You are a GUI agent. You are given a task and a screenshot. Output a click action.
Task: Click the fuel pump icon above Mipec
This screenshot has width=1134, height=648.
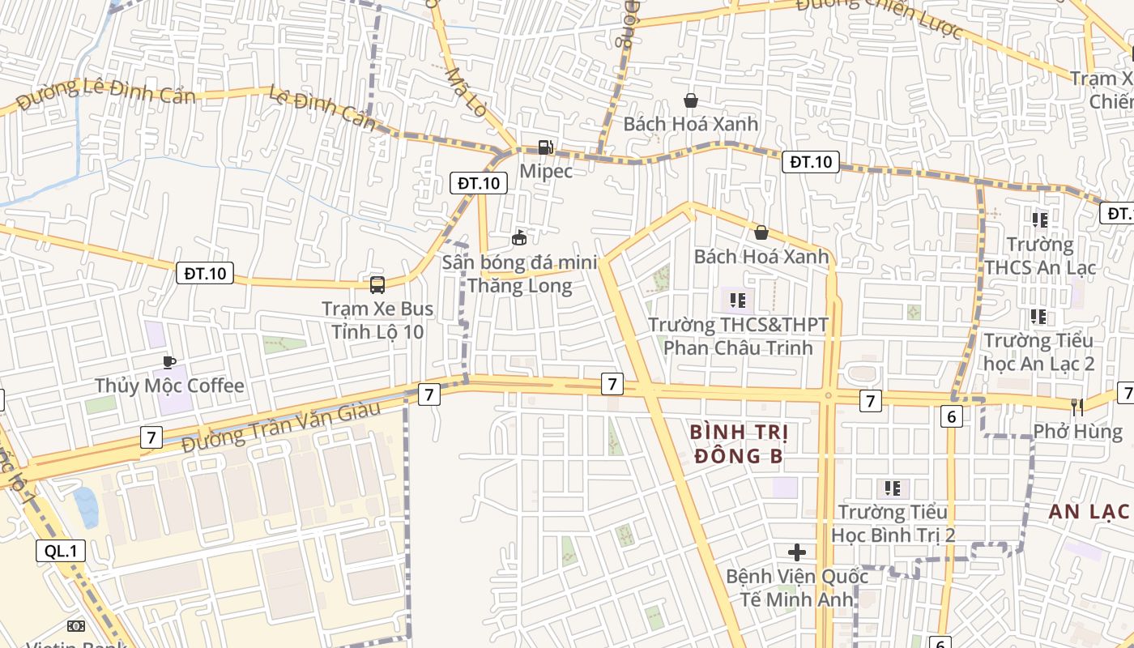(546, 147)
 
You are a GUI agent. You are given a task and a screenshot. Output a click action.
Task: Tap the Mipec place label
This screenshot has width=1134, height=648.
(546, 171)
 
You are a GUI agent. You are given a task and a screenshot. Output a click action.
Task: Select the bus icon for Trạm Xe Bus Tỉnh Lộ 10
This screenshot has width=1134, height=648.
(377, 284)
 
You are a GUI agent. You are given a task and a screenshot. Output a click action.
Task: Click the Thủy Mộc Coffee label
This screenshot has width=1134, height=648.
(169, 386)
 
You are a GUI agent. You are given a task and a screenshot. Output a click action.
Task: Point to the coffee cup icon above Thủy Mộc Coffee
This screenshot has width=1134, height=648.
(168, 362)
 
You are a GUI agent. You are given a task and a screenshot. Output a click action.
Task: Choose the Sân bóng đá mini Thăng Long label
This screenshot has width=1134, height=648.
(519, 275)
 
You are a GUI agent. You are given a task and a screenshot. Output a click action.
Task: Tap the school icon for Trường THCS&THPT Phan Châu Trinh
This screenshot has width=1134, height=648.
(737, 301)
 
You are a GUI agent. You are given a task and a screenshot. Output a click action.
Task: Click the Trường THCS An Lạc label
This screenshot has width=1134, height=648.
(1039, 256)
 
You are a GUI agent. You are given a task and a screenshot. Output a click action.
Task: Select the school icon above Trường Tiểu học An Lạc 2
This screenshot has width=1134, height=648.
(1038, 317)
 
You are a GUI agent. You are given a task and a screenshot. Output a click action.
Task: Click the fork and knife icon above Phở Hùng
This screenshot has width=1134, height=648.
(1077, 407)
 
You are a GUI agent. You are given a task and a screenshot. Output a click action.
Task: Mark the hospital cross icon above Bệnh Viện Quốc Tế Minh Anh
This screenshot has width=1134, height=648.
(797, 552)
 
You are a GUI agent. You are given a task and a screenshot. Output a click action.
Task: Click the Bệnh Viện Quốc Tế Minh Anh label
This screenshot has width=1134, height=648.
(796, 588)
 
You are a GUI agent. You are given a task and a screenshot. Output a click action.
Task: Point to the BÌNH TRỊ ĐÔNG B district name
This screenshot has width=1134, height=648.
(739, 444)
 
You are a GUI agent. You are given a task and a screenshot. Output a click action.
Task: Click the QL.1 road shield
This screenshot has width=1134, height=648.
(61, 552)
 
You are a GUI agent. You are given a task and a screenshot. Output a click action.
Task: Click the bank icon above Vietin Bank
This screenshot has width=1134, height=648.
(75, 625)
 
